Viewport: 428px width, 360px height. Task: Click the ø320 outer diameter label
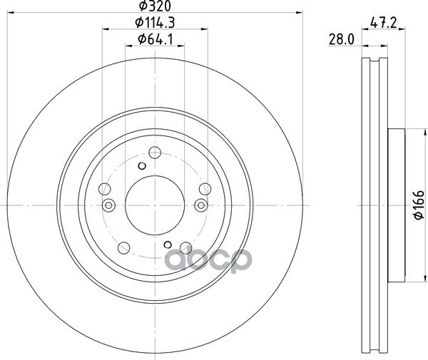coord(155,6)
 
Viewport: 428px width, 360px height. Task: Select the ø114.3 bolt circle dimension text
coord(155,22)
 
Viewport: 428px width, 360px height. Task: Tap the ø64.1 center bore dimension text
coord(155,39)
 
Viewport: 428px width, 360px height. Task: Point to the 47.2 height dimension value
coord(383,23)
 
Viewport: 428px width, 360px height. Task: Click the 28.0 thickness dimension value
coord(341,40)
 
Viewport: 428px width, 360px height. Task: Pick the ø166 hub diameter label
coord(419,205)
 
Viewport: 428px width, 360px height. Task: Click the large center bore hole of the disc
coord(155,205)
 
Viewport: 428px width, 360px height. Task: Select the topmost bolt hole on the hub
coord(155,153)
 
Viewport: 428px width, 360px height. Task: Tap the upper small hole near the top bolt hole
coord(142,165)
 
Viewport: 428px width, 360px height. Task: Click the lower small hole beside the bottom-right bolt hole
coord(168,245)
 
